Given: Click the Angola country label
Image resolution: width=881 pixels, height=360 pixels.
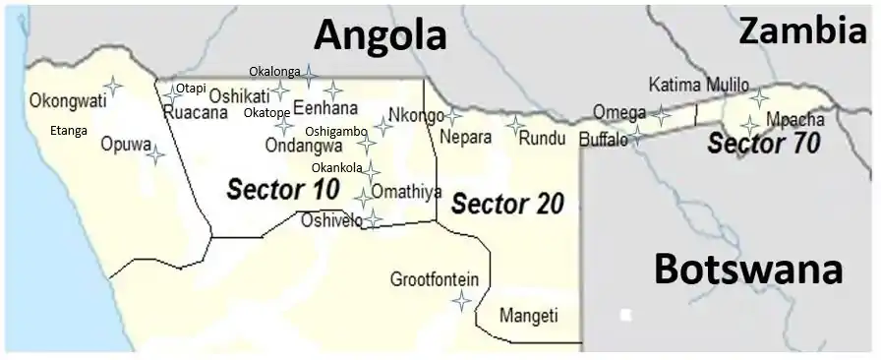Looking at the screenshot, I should pos(380,35).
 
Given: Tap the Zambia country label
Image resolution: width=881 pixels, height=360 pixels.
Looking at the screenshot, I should pos(802,31).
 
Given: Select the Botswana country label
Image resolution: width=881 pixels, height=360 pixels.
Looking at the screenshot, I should pos(748,269).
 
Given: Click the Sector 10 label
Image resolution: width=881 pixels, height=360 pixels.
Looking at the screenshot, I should pos(283,190).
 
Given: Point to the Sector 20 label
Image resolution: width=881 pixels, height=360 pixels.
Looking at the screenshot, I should pos(507,205).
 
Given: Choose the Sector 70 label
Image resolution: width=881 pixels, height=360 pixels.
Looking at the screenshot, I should pos(764,144).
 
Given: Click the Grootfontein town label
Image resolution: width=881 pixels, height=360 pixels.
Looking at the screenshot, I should pos(435,279).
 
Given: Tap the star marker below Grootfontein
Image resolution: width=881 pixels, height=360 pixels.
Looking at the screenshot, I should pos(461,302).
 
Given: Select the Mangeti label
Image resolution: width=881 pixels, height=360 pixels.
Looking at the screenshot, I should pos(528,316).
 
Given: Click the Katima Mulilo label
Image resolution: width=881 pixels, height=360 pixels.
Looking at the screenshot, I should pos(699,85).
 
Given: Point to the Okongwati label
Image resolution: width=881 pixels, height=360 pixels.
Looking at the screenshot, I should pos(68,100).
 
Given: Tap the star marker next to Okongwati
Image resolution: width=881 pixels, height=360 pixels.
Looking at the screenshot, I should pos(113,87).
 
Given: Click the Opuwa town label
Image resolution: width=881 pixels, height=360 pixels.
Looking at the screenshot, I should pos(126,144).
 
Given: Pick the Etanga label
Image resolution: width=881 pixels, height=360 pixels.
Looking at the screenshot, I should pos(69,130).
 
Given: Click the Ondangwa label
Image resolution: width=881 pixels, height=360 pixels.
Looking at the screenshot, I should pos(304,145).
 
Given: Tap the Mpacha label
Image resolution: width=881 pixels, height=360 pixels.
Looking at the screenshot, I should pos(795,120).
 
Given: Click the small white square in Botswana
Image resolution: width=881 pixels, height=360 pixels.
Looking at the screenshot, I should pos(625,316).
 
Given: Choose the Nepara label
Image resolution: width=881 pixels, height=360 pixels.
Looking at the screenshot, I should pos(465,138).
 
